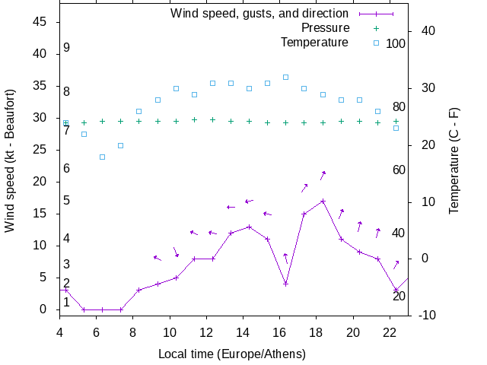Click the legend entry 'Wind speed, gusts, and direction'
[x=259, y=14]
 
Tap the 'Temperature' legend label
[x=314, y=43]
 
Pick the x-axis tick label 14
[x=243, y=332]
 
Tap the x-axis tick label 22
[x=390, y=332]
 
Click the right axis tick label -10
[x=427, y=315]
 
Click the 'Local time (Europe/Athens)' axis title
[x=232, y=354]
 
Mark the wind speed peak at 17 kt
[x=323, y=202]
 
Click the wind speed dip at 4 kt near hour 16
[x=286, y=284]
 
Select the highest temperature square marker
[x=286, y=77]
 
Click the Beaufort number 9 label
[x=67, y=48]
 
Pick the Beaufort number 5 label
[x=67, y=201]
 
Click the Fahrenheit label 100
[x=396, y=43]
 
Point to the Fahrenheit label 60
[x=399, y=170]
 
